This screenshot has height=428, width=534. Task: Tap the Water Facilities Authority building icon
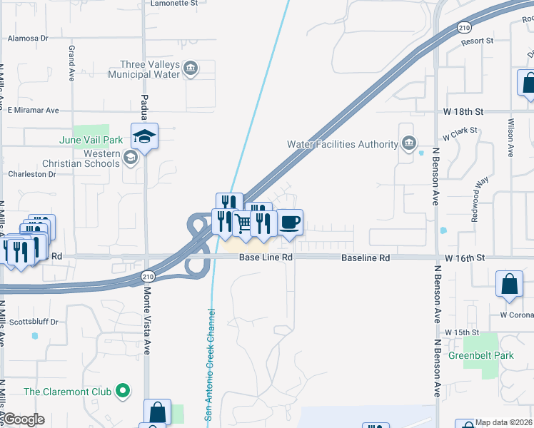(408, 144)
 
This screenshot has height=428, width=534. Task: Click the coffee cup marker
(289, 222)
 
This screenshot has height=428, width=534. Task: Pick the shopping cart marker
(243, 223)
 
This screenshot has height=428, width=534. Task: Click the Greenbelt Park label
(480, 355)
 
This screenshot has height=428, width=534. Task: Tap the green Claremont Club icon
(123, 391)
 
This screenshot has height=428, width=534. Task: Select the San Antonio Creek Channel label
(210, 363)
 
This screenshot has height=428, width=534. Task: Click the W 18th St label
(463, 111)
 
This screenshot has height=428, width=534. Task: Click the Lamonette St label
(174, 4)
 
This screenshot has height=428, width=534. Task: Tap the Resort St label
(477, 41)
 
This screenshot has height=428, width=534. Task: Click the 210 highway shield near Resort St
(463, 27)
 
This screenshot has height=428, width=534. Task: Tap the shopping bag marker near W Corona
(509, 283)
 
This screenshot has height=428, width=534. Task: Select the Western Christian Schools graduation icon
(130, 157)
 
